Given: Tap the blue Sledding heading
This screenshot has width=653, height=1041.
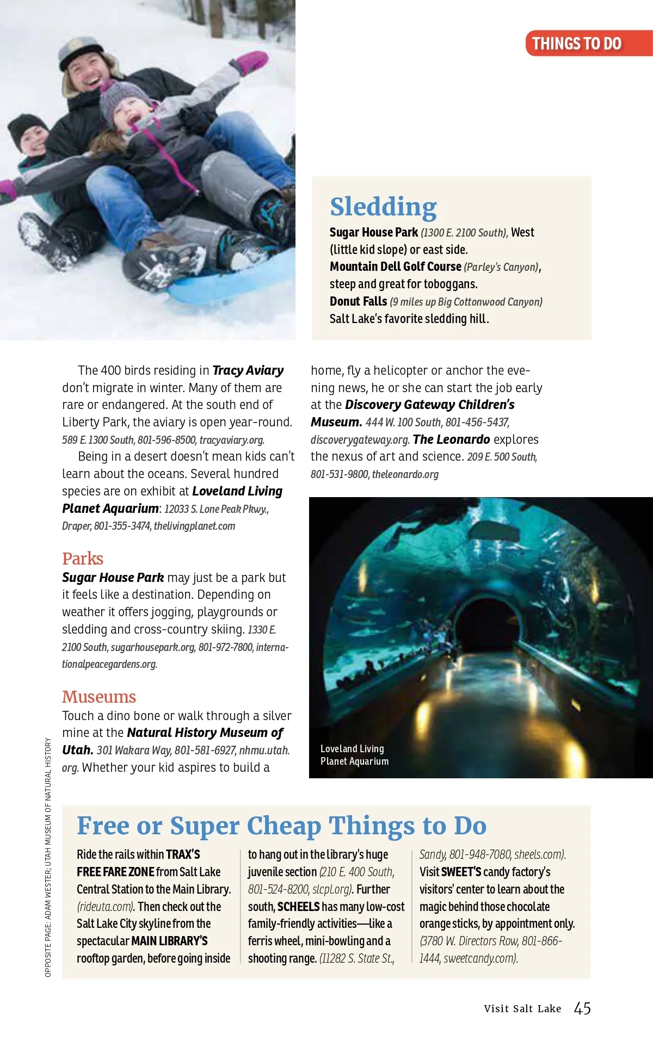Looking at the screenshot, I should click(383, 207).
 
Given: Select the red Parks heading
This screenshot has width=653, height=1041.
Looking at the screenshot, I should click(83, 559).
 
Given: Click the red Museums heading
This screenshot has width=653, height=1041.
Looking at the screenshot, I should click(99, 697).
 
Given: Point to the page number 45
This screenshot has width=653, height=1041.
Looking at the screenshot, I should click(582, 1008).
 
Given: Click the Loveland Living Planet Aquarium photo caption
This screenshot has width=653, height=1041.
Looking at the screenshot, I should click(354, 755).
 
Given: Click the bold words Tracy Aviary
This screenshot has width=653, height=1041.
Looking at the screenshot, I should click(248, 370).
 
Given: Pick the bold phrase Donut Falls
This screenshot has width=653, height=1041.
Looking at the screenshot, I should click(358, 301).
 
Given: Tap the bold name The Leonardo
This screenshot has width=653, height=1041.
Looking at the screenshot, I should click(452, 439).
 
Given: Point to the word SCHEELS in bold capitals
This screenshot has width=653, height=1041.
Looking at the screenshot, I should click(298, 907).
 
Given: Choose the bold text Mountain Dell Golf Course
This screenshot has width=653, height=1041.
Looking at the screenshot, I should click(396, 267).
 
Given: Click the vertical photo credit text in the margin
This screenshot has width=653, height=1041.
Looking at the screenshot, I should click(48, 857).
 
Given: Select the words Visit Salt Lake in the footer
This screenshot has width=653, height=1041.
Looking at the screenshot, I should click(522, 1009).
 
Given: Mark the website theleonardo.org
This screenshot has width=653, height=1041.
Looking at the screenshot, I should click(405, 474).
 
